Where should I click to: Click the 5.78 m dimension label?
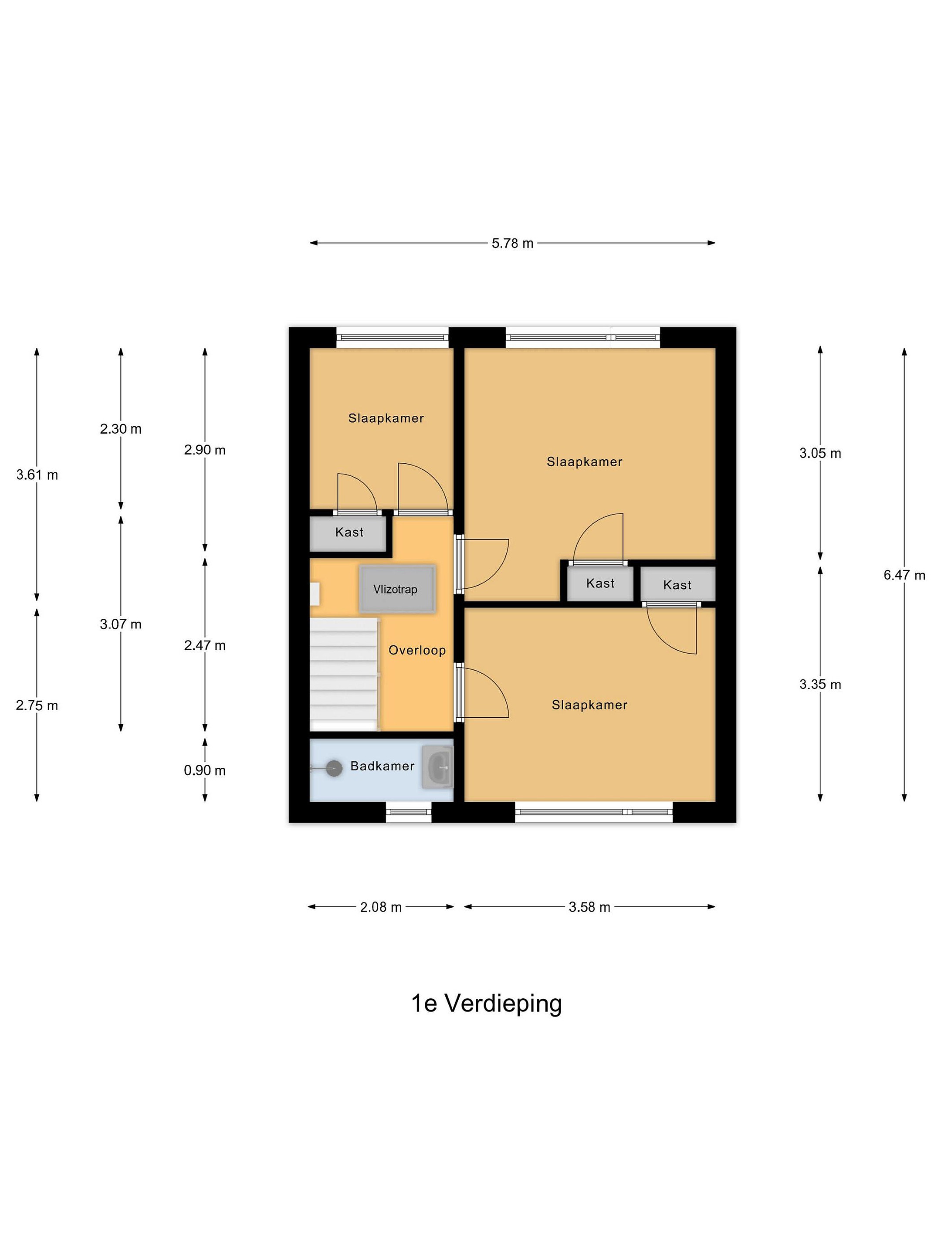pyautogui.click(x=512, y=244)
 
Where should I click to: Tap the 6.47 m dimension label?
pyautogui.click(x=904, y=575)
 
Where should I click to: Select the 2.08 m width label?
pyautogui.click(x=381, y=907)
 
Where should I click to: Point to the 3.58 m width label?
pyautogui.click(x=589, y=907)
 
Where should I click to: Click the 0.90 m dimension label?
pyautogui.click(x=204, y=770)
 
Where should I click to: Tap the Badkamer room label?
pyautogui.click(x=382, y=766)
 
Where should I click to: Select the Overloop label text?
pyautogui.click(x=417, y=650)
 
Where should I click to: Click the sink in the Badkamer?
pyautogui.click(x=438, y=767)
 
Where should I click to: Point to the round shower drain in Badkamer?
pyautogui.click(x=334, y=769)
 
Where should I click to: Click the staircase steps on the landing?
pyautogui.click(x=343, y=674)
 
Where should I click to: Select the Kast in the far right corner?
pyautogui.click(x=677, y=585)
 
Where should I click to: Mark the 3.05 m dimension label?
pyautogui.click(x=819, y=453)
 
